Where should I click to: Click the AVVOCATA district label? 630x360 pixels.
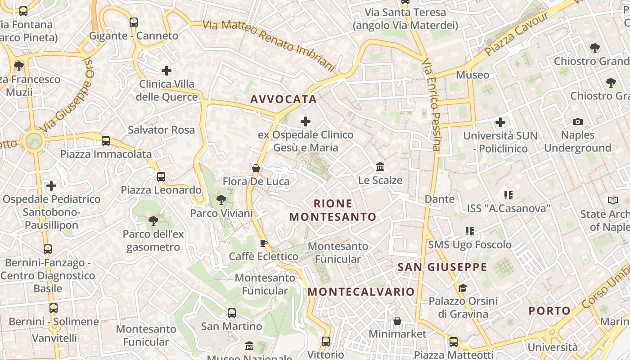tap(283, 99)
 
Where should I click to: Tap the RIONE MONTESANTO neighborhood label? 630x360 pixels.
tap(333, 210)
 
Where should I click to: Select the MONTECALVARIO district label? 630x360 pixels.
tap(361, 292)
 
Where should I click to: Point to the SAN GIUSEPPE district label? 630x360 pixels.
tap(442, 267)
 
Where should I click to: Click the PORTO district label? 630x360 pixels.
tap(549, 310)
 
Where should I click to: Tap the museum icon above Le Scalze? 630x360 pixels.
tap(380, 167)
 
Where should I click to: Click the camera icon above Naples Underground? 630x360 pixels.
tap(578, 121)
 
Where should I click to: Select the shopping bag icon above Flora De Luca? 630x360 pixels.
tap(256, 168)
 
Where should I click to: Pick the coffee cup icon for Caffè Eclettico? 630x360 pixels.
tap(264, 243)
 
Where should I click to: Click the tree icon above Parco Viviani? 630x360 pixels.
tap(221, 199)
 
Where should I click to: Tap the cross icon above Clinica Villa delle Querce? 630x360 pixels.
tap(166, 70)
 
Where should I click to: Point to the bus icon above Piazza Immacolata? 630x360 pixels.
tap(106, 141)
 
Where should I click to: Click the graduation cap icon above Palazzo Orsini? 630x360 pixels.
tap(463, 288)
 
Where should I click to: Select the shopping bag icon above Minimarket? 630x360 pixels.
tap(397, 321)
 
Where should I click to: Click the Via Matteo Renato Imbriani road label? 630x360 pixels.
tap(269, 45)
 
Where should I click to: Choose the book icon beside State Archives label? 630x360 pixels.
tap(613, 201)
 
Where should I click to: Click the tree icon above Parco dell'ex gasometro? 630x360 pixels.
tap(153, 220)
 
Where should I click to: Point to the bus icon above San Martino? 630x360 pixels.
tap(232, 313)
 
